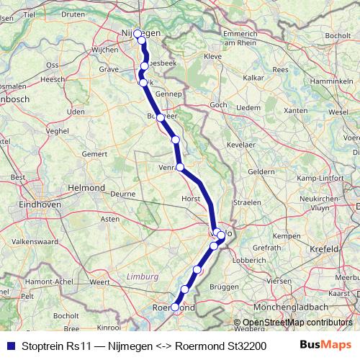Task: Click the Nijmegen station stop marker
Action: (x=138, y=34)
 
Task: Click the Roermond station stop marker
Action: (x=175, y=307)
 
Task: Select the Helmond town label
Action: (x=86, y=187)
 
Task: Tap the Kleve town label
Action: (x=213, y=55)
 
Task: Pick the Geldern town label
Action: (x=261, y=171)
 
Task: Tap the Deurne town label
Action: (x=123, y=194)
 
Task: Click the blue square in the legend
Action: (x=10, y=345)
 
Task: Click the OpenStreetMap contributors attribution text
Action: (x=292, y=323)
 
